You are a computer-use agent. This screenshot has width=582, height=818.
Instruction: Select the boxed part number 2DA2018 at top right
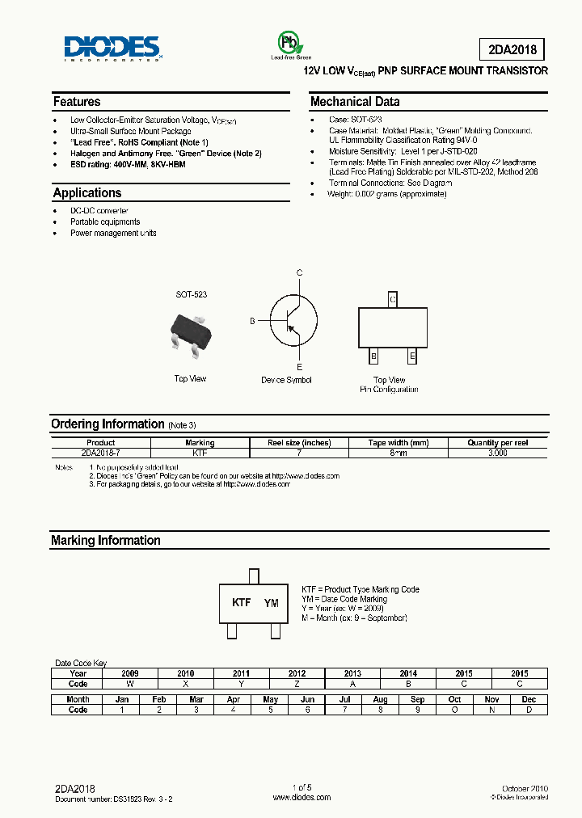[x=512, y=48]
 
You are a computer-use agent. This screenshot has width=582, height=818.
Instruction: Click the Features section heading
[x=77, y=102]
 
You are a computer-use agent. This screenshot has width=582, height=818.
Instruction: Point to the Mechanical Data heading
[x=355, y=102]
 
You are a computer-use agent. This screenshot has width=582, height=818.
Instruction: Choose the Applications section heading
[x=87, y=193]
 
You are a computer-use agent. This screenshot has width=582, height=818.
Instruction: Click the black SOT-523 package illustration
[x=191, y=333]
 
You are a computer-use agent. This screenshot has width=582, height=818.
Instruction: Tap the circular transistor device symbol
[x=289, y=319]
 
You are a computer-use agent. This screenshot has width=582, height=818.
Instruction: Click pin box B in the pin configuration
[x=373, y=356]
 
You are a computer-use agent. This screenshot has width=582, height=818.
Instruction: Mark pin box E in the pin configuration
[x=412, y=356]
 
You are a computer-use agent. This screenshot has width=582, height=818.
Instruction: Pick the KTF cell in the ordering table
[x=200, y=453]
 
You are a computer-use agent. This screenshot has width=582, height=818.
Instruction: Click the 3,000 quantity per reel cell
[x=498, y=453]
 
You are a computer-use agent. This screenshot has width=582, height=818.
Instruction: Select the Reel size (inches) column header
[x=299, y=443]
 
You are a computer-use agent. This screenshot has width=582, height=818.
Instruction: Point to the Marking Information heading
[x=106, y=541]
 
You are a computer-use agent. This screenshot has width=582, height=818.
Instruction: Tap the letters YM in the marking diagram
[x=272, y=603]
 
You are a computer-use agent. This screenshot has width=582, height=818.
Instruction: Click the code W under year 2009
[x=130, y=684]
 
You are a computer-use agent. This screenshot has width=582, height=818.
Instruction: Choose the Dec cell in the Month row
[x=529, y=699]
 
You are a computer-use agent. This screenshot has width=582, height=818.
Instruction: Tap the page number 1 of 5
[x=302, y=788]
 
